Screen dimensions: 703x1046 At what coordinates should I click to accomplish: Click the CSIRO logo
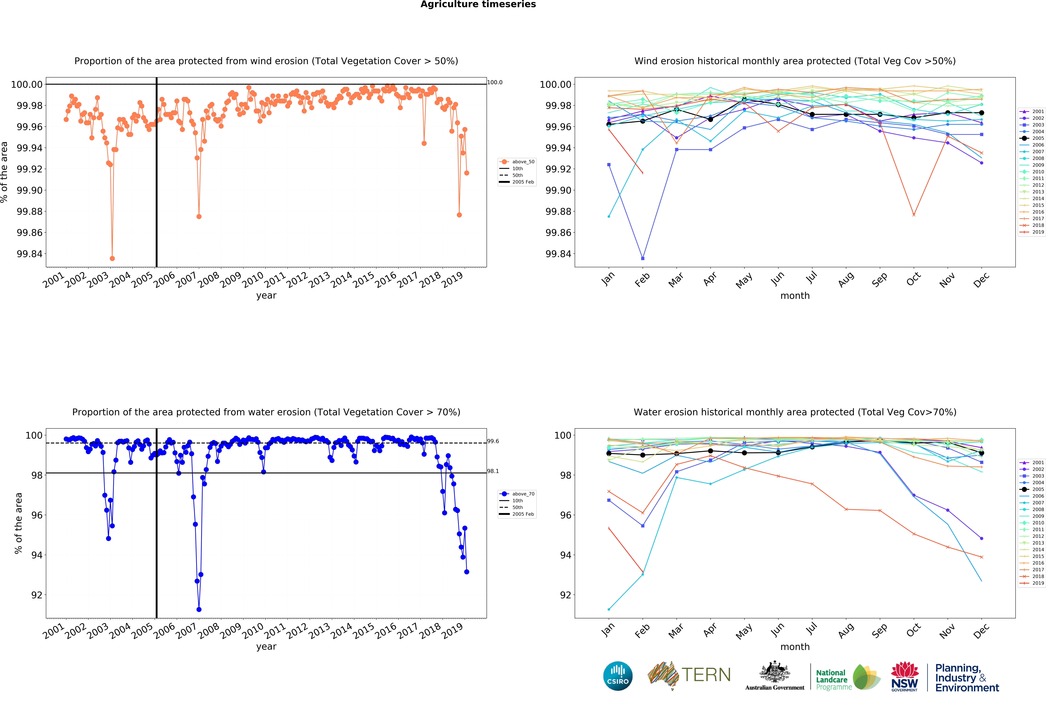pos(618,676)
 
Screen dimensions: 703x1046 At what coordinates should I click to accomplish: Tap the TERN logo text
pos(706,675)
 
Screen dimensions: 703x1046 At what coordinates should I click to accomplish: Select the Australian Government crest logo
pos(774,675)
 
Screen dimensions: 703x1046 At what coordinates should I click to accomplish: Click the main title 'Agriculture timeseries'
pos(478,5)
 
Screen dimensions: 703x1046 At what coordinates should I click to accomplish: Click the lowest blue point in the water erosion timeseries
pos(199,609)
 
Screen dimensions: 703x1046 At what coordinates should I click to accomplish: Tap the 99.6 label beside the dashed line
pos(493,441)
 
